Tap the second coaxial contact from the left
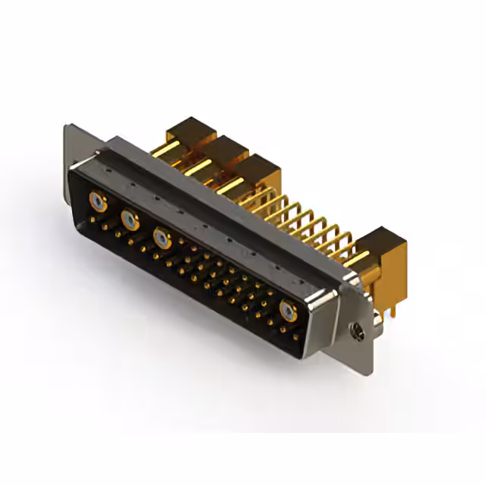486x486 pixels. (130, 220)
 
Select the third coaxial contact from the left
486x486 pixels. (162, 238)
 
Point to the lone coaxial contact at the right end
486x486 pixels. (288, 310)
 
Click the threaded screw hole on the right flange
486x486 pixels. (358, 331)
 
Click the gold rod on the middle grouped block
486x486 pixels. (199, 166)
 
